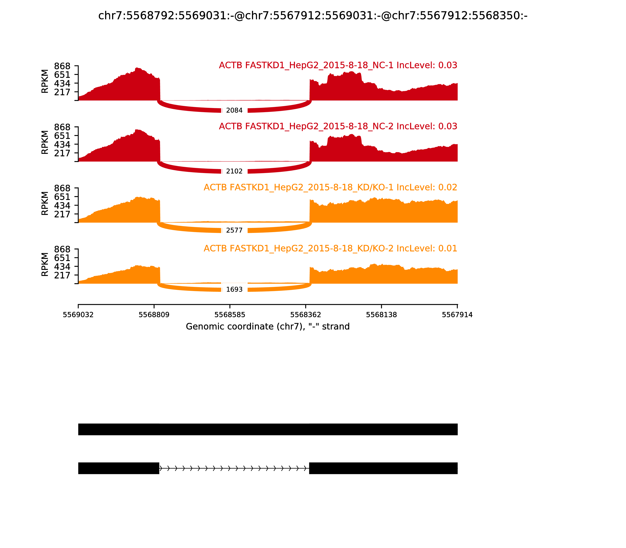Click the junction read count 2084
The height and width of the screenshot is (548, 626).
234,110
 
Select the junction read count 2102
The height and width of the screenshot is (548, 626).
234,171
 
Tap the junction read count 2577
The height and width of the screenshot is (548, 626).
234,230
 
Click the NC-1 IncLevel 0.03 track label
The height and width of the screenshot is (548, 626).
338,65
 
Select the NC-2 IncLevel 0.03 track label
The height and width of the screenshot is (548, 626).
338,126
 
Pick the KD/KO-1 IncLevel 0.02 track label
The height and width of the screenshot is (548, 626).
330,187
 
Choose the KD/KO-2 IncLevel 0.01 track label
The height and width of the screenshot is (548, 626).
330,248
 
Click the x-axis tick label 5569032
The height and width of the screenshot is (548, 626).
78,315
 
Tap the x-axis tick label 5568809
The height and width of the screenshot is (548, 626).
154,315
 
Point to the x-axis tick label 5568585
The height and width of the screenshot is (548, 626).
230,315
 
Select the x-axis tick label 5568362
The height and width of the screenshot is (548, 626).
306,315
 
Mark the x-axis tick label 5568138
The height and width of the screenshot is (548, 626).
381,315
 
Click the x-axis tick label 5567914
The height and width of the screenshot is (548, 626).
457,315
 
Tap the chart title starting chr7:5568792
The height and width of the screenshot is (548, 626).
313,16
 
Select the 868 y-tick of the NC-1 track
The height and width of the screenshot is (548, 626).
62,66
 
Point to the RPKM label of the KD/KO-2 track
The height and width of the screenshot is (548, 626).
45,265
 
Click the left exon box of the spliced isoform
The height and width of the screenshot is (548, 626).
119,468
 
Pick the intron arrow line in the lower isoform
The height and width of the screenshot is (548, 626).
234,468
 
